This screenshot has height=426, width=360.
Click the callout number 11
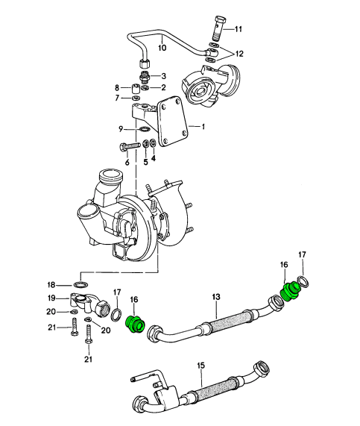pyautogui.click(x=238, y=29)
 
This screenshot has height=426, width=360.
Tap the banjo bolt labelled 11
pyautogui.click(x=219, y=28)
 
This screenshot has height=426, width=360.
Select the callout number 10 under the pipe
pyautogui.click(x=162, y=48)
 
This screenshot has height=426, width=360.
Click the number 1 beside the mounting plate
pyautogui.click(x=203, y=127)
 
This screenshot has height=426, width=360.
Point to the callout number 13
pyautogui.click(x=216, y=297)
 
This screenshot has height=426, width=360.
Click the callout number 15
pyautogui.click(x=200, y=366)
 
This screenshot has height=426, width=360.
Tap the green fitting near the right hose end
pyautogui.click(x=289, y=292)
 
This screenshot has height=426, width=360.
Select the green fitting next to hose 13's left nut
pyautogui.click(x=136, y=325)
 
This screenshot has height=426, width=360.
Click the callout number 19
pyautogui.click(x=51, y=298)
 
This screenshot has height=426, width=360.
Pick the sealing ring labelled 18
pyautogui.click(x=80, y=285)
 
